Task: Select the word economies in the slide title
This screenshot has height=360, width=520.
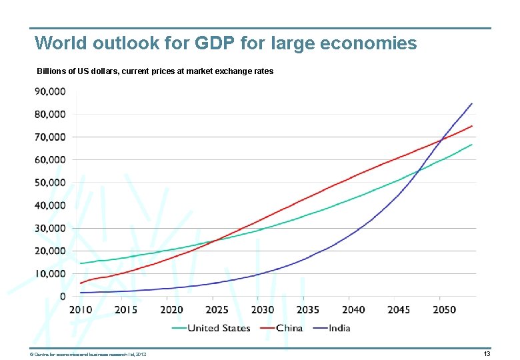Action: (x=368, y=44)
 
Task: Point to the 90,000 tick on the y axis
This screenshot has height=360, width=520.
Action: (x=50, y=91)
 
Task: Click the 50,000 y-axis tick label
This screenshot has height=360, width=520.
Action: (x=50, y=183)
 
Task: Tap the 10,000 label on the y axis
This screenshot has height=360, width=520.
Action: (x=50, y=273)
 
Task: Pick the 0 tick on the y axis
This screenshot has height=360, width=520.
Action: (x=63, y=296)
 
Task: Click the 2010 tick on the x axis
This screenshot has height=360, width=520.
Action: (x=81, y=310)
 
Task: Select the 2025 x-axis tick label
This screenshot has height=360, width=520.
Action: (x=217, y=310)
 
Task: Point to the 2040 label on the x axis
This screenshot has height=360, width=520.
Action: (x=353, y=310)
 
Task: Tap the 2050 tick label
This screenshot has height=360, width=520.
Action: (x=444, y=310)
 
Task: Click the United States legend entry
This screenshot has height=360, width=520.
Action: (x=219, y=327)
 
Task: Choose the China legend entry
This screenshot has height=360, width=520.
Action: (x=289, y=327)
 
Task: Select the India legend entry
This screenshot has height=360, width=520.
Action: (x=339, y=327)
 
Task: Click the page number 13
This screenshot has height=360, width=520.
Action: (x=487, y=354)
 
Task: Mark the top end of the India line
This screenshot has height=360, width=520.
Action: (x=471, y=104)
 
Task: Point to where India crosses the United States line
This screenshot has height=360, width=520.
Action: (x=418, y=171)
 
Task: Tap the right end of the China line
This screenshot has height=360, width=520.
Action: (x=471, y=126)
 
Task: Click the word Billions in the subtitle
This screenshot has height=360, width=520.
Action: (x=53, y=71)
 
